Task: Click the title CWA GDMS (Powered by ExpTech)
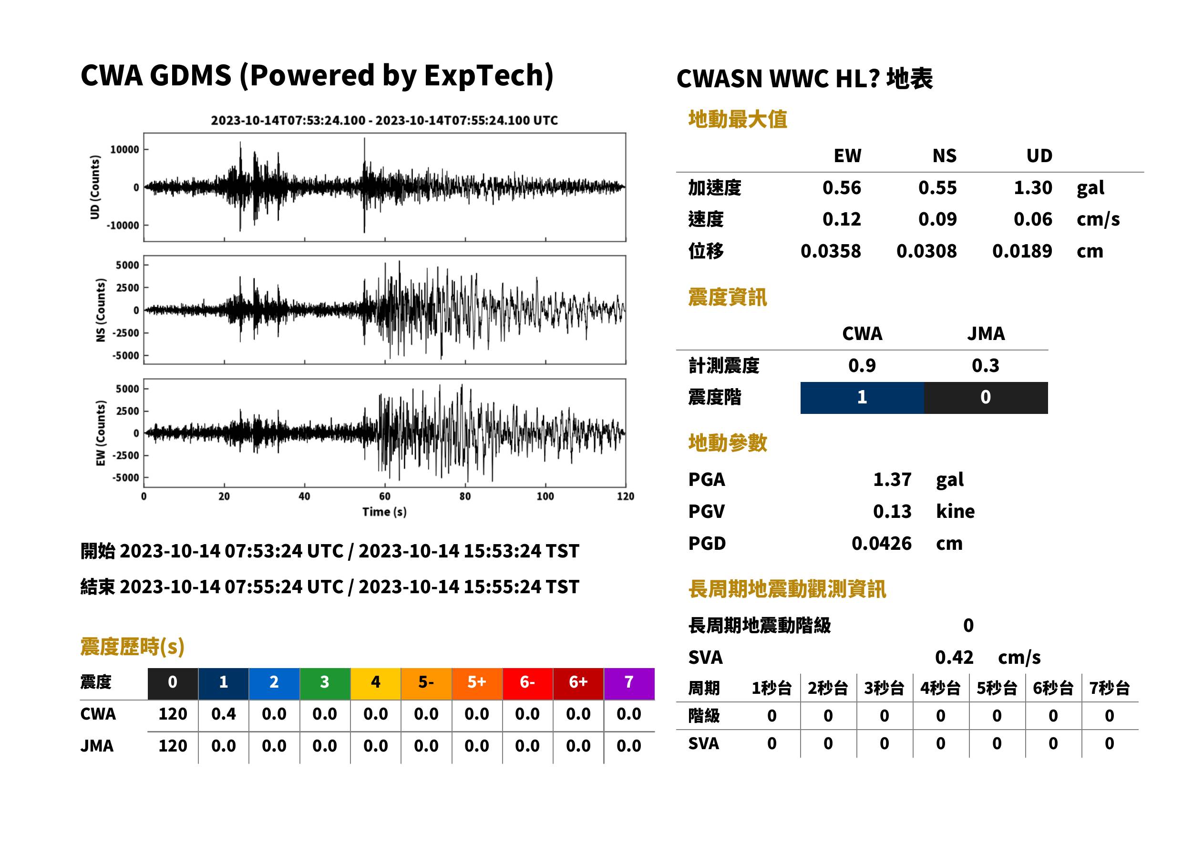point(317,76)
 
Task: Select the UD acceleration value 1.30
point(1033,188)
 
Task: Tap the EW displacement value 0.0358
point(830,251)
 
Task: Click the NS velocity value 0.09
point(937,219)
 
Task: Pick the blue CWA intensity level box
point(862,398)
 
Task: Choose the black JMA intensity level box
point(986,398)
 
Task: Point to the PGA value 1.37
point(892,480)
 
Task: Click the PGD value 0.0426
point(881,544)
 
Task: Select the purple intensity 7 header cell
point(629,683)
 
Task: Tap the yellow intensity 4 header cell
point(376,683)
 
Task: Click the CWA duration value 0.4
point(224,714)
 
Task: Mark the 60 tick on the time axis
point(384,496)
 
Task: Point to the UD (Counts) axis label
point(95,187)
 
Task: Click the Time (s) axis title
point(384,512)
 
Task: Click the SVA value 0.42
point(954,658)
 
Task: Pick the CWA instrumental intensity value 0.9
point(862,366)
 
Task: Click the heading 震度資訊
point(727,298)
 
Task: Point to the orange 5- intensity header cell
point(426,683)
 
